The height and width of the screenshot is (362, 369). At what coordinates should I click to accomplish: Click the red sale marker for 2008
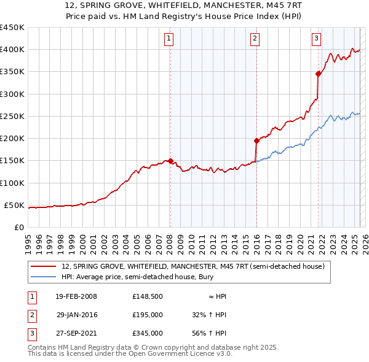[170, 161]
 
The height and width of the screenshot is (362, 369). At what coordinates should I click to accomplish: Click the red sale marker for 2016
[256, 141]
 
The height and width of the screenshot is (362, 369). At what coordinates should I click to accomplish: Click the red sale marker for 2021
[318, 74]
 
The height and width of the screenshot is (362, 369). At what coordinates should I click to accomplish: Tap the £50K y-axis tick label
[15, 205]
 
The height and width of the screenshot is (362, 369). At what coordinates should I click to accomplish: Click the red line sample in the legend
[43, 266]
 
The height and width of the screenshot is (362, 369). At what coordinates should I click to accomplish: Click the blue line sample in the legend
[43, 277]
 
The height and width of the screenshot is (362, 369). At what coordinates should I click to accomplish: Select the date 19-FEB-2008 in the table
[76, 296]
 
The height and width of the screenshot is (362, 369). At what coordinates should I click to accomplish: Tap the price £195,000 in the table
[148, 315]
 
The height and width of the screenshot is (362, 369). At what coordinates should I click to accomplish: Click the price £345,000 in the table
[148, 333]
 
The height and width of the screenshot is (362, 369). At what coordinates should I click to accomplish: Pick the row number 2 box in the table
[31, 315]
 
